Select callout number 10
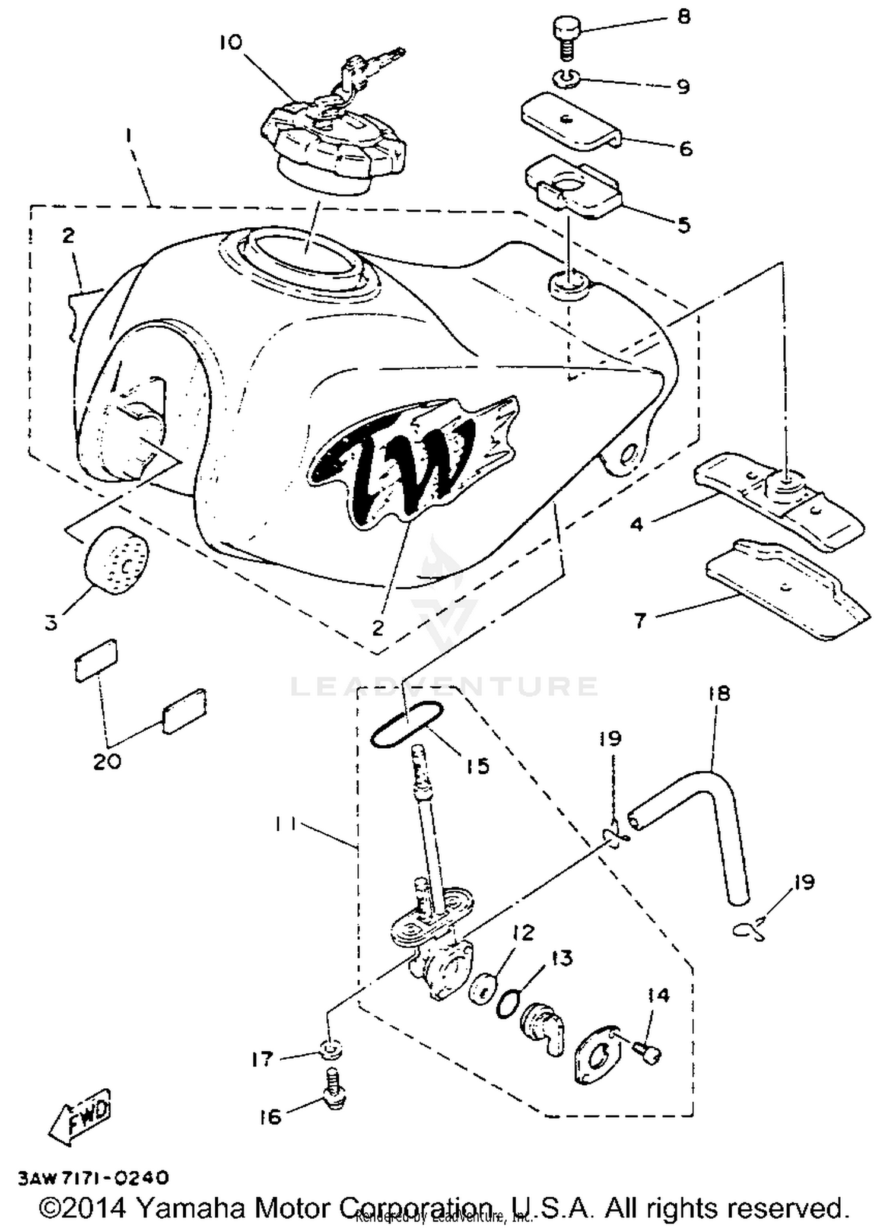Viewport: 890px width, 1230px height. pos(231,43)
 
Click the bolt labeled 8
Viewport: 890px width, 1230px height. pos(567,36)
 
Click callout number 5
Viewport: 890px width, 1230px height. pos(684,225)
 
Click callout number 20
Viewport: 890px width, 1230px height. pos(107,761)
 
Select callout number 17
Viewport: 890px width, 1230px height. pos(261,1059)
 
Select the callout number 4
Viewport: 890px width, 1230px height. pos(636,525)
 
